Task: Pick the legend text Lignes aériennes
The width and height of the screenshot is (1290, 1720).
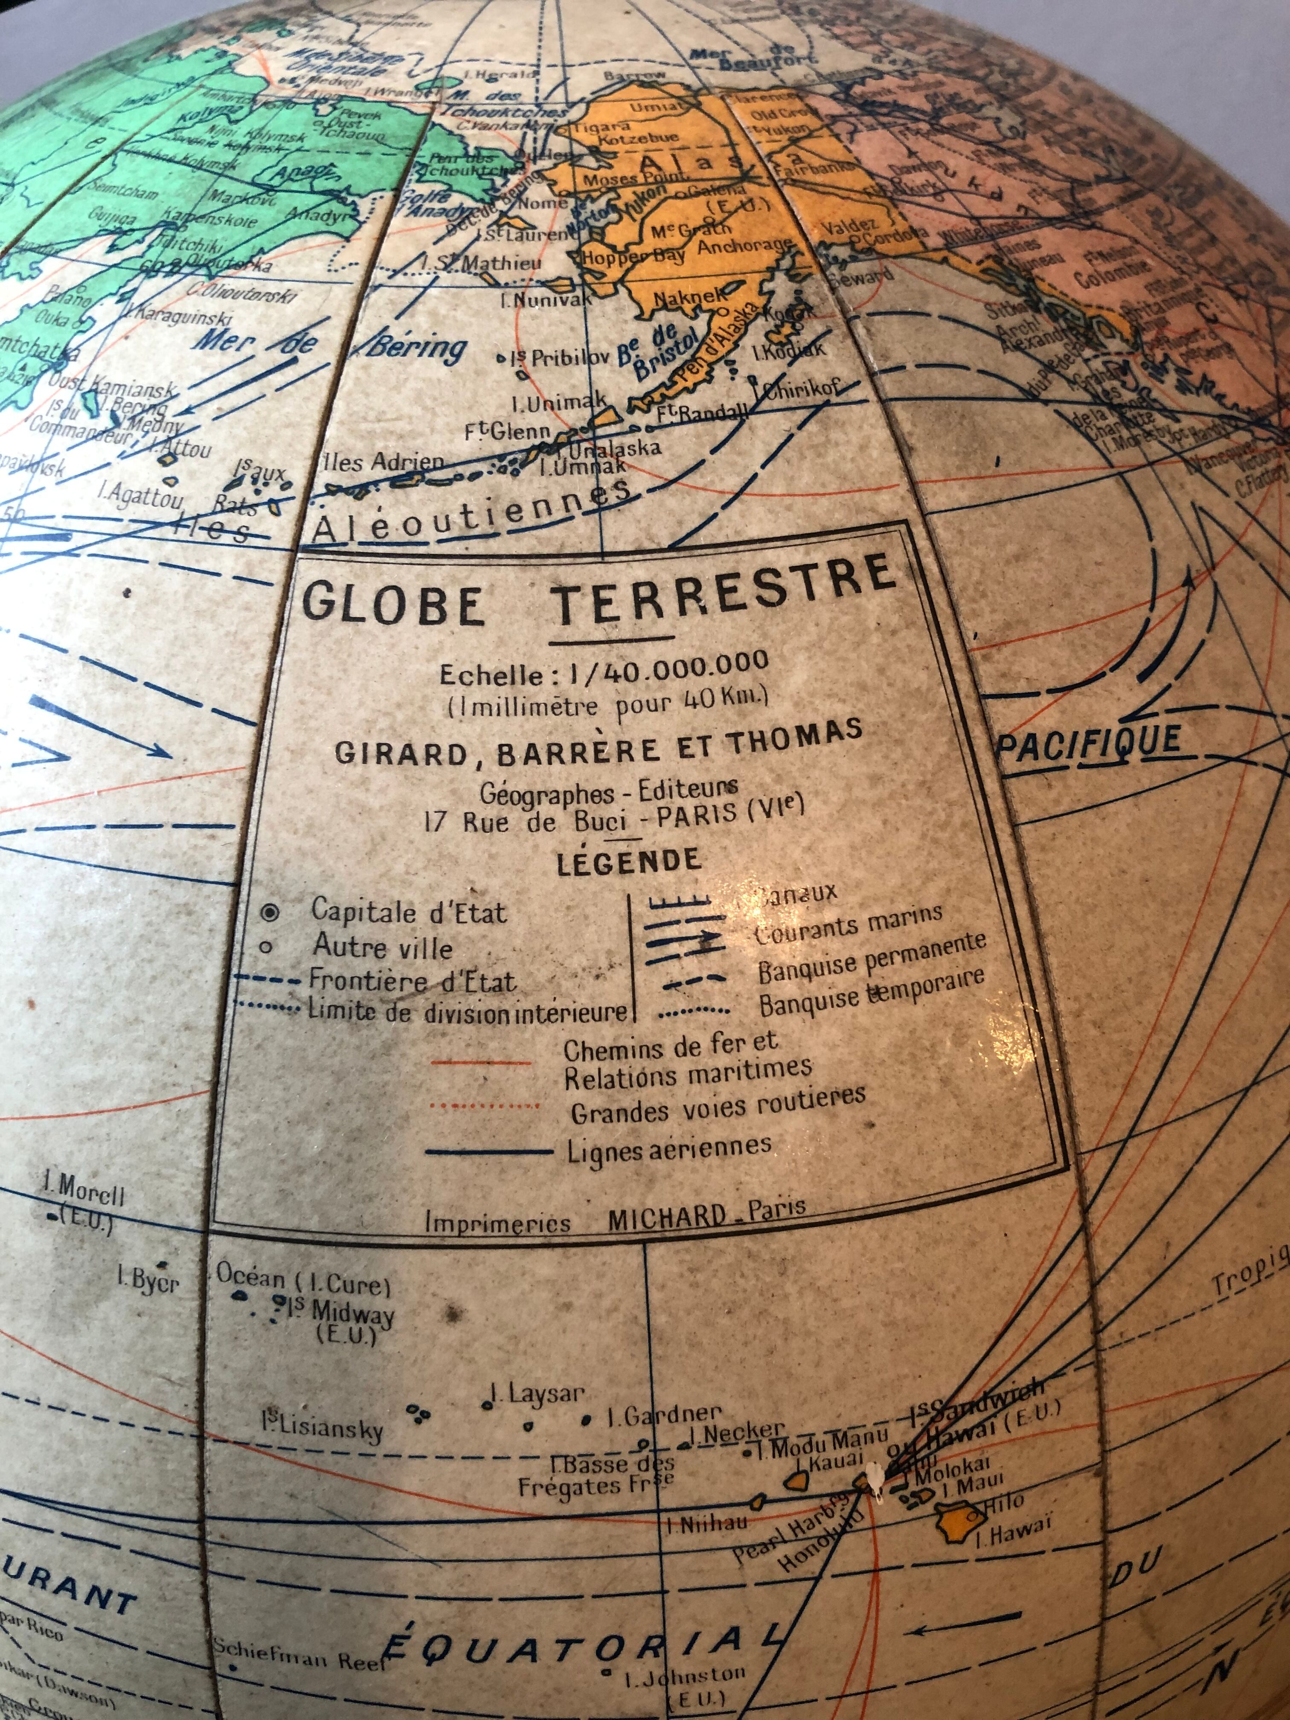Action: (x=669, y=1147)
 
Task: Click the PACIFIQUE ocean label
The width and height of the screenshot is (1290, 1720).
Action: (x=1089, y=743)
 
